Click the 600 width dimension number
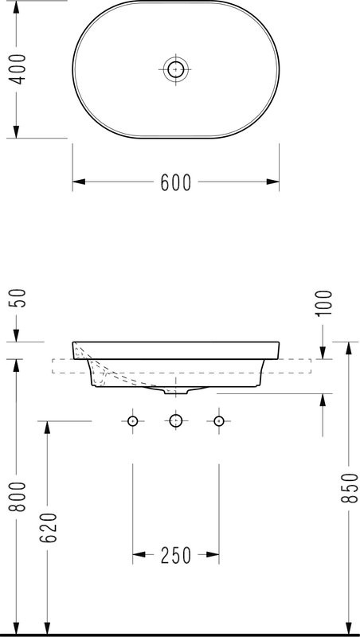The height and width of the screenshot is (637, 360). tap(175, 182)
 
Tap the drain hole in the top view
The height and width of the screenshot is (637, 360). tap(175, 69)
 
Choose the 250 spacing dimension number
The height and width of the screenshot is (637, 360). tap(175, 556)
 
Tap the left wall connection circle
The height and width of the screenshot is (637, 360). tap(133, 420)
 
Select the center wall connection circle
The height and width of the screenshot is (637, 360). tap(175, 420)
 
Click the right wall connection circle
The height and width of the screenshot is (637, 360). tap(218, 420)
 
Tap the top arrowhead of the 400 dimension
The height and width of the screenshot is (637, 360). tap(17, 7)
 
